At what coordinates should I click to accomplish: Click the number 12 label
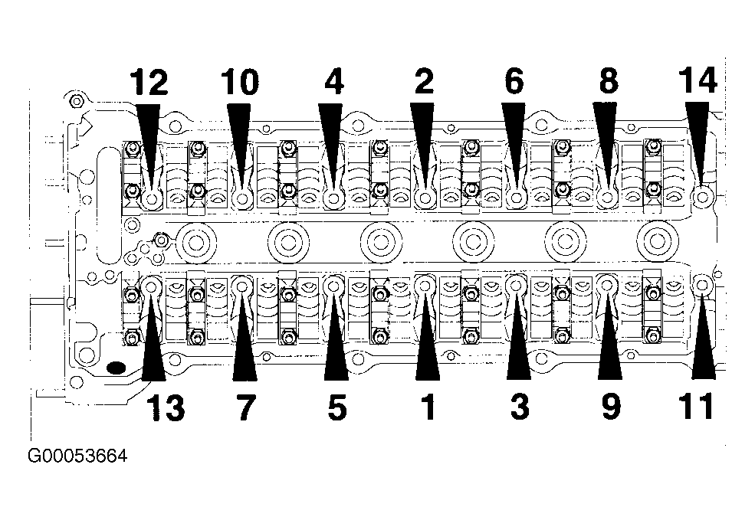click(149, 82)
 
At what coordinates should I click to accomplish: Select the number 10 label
click(239, 82)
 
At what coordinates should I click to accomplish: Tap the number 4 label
click(333, 82)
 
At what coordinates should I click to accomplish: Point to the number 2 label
click(424, 82)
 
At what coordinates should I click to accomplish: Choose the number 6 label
click(514, 82)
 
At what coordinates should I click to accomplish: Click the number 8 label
click(609, 82)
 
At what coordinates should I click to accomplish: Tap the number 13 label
click(165, 408)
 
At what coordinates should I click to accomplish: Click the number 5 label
click(336, 408)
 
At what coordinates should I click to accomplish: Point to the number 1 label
click(428, 408)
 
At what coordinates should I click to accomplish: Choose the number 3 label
click(520, 408)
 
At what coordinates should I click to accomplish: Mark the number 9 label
click(611, 408)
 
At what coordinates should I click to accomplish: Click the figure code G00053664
click(77, 456)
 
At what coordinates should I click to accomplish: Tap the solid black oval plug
click(116, 368)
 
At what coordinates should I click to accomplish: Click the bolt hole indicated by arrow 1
click(425, 286)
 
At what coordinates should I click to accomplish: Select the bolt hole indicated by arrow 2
click(425, 198)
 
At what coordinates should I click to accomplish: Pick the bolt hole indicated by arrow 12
click(153, 198)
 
